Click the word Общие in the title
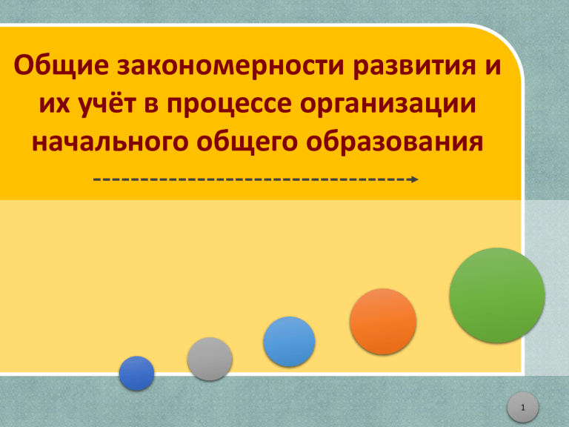click(x=61, y=67)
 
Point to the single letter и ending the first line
click(x=493, y=67)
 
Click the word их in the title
click(x=54, y=105)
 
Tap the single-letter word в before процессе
click(x=152, y=105)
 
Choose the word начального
click(x=110, y=142)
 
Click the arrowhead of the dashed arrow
click(x=415, y=179)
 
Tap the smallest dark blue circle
click(x=136, y=374)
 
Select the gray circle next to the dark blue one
click(x=210, y=359)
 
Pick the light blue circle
click(x=289, y=341)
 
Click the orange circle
click(x=383, y=321)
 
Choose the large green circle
click(x=497, y=295)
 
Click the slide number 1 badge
click(x=523, y=408)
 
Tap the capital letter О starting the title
click(x=21, y=66)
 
